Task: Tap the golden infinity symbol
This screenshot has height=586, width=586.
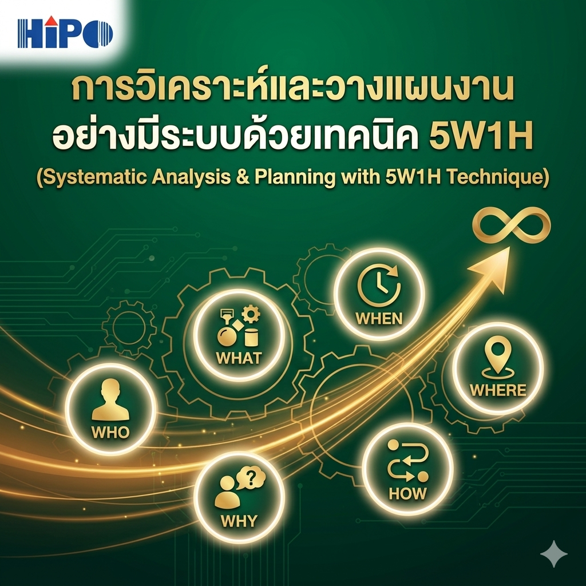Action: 511,225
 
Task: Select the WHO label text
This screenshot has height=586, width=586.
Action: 110,433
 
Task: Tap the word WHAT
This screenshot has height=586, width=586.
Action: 239,358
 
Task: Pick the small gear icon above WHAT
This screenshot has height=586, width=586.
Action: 251,314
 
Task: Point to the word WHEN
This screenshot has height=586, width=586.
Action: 379,318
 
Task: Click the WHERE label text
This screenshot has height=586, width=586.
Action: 498,390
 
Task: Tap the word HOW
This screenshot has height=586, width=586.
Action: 407,493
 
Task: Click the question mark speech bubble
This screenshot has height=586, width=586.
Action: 250,478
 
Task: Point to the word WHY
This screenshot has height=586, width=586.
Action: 239,521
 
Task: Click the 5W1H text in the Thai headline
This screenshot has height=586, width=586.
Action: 481,136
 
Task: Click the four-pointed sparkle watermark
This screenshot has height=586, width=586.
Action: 554,554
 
